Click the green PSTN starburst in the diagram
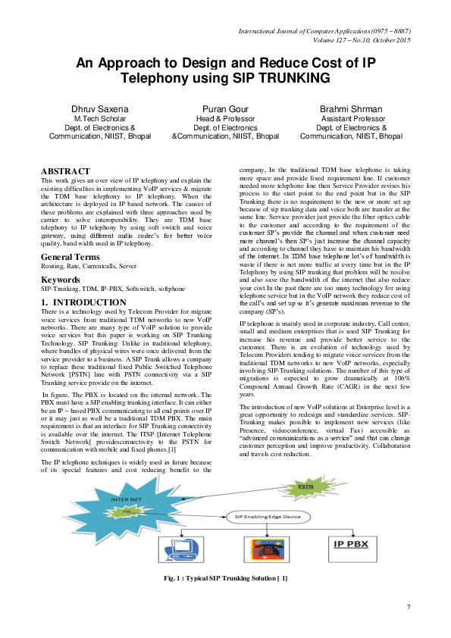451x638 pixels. pyautogui.click(x=305, y=485)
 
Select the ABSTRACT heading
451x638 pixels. pyautogui.click(x=65, y=171)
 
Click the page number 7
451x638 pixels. pyautogui.click(x=408, y=607)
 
